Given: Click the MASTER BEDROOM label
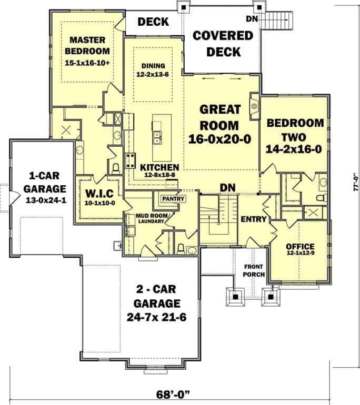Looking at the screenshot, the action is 87,45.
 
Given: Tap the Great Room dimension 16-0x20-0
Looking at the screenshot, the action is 219,139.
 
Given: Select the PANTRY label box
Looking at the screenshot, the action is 173,199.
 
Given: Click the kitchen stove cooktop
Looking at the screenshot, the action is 130,160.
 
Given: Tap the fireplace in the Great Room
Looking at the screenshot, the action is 254,106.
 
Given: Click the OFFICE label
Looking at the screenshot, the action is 300,247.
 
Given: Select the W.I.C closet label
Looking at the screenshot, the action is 99,193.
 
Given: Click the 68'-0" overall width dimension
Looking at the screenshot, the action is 173,394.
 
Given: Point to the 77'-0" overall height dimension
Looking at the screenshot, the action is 356,182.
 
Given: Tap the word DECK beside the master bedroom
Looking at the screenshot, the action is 153,22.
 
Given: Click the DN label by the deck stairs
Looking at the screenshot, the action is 252,19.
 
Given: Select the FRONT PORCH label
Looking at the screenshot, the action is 254,270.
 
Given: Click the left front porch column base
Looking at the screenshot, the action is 235,297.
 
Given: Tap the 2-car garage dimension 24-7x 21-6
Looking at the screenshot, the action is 156,317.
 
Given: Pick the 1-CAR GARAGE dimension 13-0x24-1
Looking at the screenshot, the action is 46,200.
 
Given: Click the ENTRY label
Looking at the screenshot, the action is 254,219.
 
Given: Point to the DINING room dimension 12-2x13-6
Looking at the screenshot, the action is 153,74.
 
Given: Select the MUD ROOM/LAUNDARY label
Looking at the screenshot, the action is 152,218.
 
